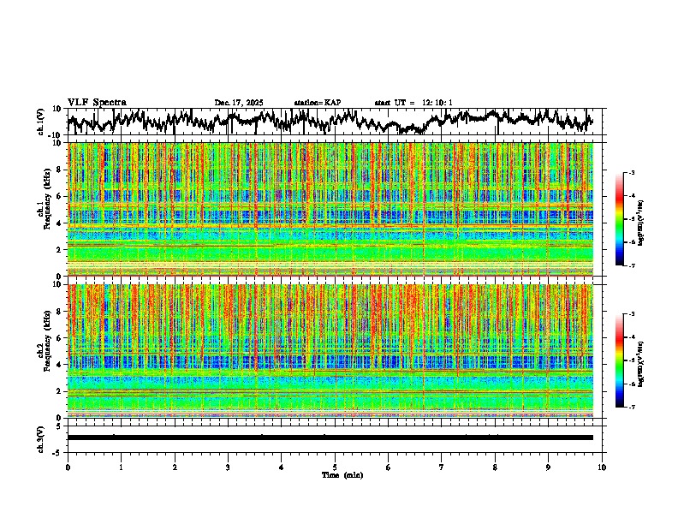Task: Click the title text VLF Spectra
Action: pyautogui.click(x=97, y=102)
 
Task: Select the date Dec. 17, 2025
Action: pyautogui.click(x=239, y=103)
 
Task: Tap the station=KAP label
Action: pyautogui.click(x=317, y=103)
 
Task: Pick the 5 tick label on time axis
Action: pyautogui.click(x=335, y=467)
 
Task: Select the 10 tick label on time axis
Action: pyautogui.click(x=602, y=467)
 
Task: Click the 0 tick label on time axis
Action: pyautogui.click(x=68, y=467)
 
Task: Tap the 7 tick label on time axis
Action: pyautogui.click(x=442, y=467)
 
